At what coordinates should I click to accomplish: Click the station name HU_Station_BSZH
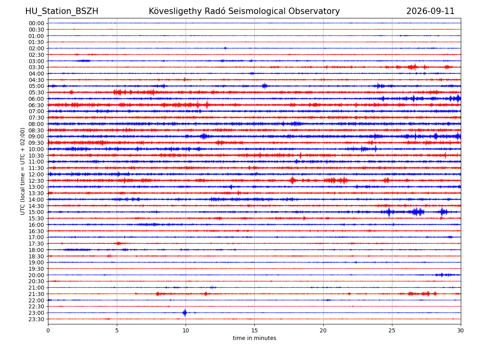[62, 11]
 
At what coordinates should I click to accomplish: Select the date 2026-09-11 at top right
[430, 11]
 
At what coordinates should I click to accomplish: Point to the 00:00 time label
[36, 23]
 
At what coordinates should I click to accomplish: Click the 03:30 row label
[36, 67]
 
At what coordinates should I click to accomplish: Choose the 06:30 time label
[36, 105]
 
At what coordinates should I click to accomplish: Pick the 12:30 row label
[36, 181]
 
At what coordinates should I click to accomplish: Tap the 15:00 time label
[36, 212]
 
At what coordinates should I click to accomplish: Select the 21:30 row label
[36, 294]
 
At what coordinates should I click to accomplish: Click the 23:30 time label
[36, 319]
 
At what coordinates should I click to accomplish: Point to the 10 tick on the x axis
[186, 330]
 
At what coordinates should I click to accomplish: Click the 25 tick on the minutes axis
[392, 330]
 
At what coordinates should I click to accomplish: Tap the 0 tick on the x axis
[48, 330]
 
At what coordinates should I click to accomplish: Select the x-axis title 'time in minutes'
[254, 338]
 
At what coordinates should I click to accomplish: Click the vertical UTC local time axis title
[22, 171]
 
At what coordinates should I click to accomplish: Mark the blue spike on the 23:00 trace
[185, 312]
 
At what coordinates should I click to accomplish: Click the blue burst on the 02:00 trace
[225, 48]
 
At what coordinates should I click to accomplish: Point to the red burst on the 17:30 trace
[118, 243]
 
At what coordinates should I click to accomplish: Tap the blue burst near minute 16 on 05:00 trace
[265, 86]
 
